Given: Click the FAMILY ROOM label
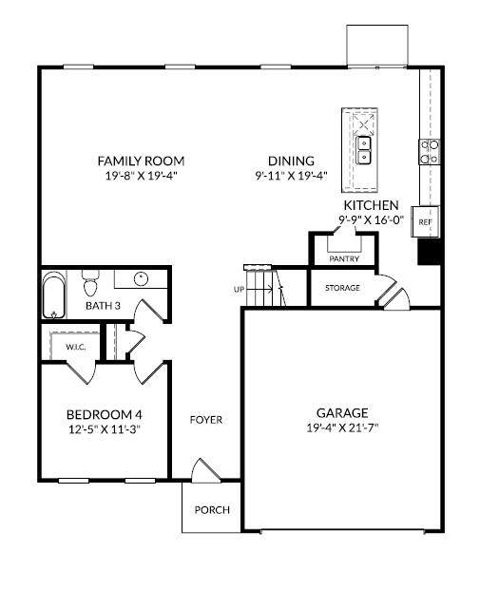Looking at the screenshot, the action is coord(141,161).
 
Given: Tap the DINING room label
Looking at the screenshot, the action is coord(291,161).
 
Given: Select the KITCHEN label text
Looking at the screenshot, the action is coord(371,205).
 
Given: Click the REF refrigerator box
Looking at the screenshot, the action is coord(425,221).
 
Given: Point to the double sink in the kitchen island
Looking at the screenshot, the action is coord(363,150).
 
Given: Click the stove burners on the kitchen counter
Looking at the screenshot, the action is coord(430,151).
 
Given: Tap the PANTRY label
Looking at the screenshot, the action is coord(344,258).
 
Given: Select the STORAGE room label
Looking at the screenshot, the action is coord(342,288).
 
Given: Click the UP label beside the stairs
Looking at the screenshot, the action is coord(239,290).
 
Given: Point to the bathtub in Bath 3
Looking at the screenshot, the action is coord(54,294).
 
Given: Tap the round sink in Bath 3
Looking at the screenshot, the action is coord(141,278).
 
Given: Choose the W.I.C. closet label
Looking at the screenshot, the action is coord(75,347).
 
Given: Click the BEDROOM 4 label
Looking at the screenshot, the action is coord(105,415).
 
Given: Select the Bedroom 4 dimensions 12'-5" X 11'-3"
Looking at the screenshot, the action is coord(105,429).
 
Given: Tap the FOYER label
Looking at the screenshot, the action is coord(206,420).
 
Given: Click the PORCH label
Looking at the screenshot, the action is coord(212,510).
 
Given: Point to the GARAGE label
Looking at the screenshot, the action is coord(342,413).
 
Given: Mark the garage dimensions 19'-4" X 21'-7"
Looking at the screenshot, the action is coord(342,427).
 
